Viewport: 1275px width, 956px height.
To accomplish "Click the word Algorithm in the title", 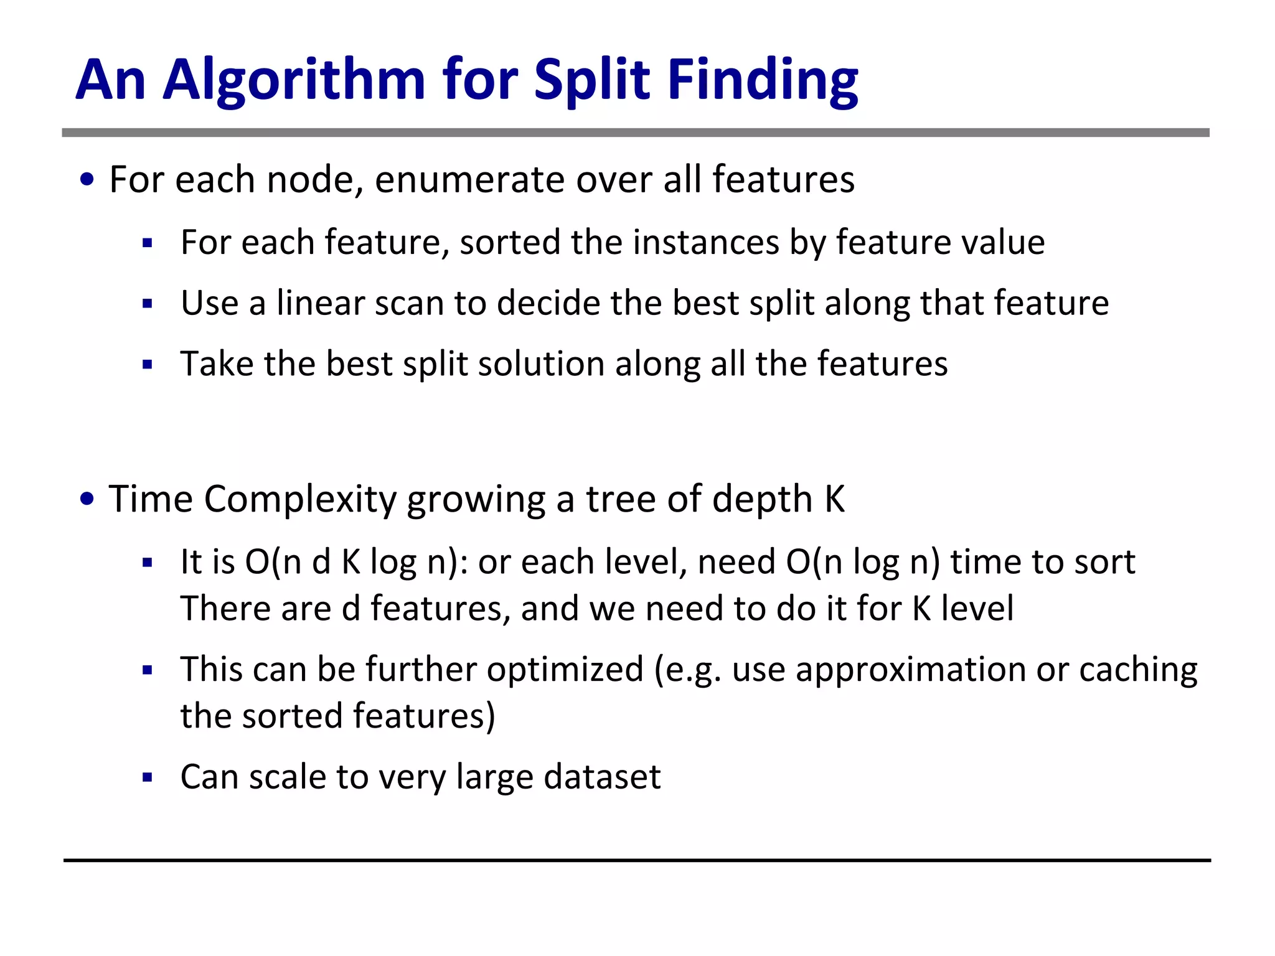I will [x=294, y=80].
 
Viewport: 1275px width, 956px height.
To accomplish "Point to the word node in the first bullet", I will [x=314, y=180].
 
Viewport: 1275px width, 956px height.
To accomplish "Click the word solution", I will [x=541, y=364].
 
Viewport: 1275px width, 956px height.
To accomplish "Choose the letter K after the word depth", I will [x=834, y=500].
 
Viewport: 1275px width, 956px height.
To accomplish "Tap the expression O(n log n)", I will [x=862, y=563].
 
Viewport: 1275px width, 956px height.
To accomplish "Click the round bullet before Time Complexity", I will [x=87, y=499].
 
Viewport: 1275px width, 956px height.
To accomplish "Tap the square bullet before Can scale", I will [x=147, y=777].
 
